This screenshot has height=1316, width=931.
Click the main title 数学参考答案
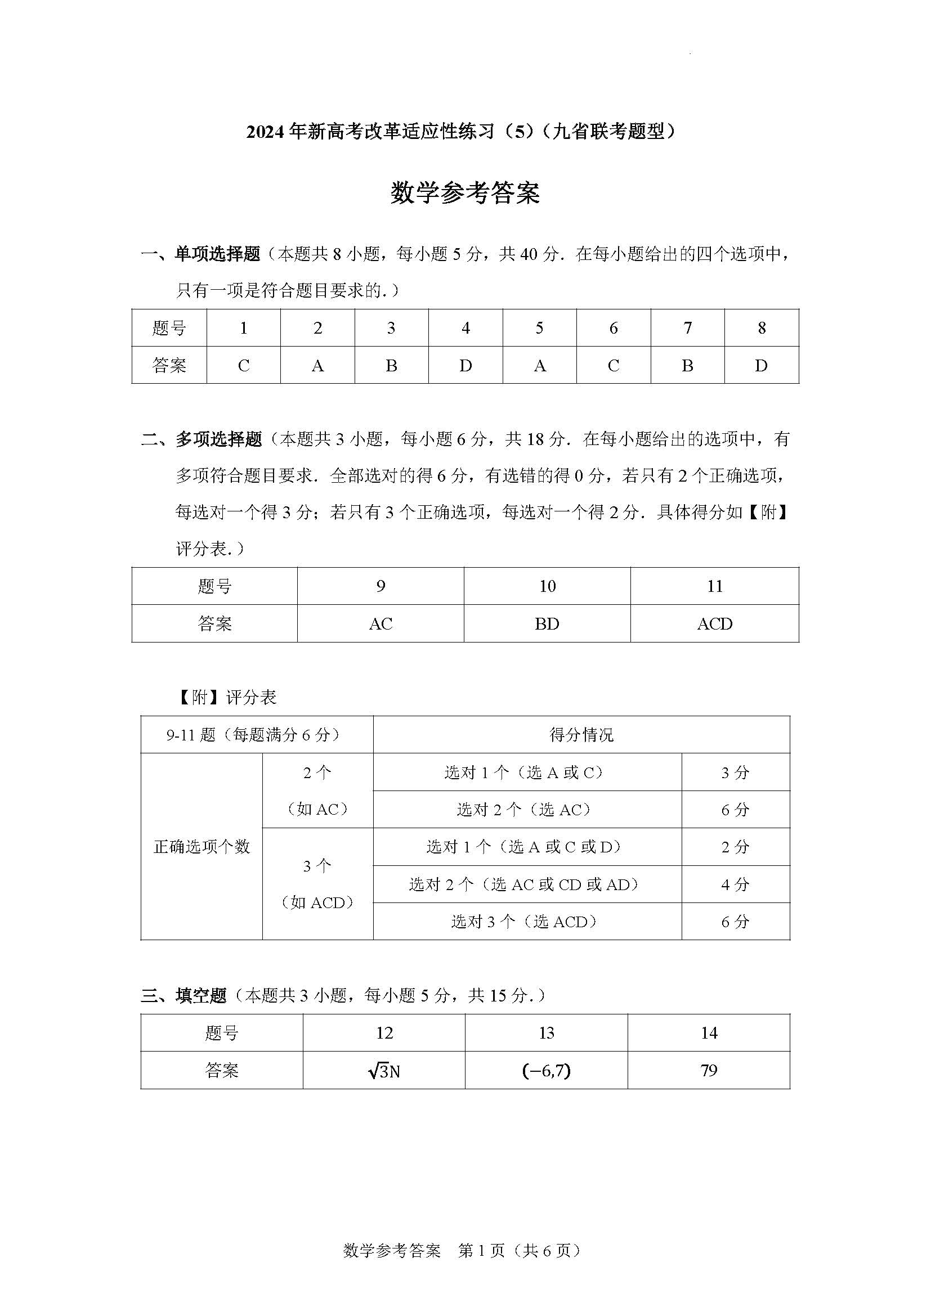click(x=465, y=193)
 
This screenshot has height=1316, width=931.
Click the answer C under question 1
click(x=244, y=366)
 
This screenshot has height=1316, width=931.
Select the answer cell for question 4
click(x=465, y=366)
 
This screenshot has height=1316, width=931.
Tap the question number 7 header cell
click(x=687, y=328)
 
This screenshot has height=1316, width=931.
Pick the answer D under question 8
click(x=762, y=366)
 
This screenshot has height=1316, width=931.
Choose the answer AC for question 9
click(x=381, y=623)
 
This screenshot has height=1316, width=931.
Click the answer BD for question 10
click(x=547, y=623)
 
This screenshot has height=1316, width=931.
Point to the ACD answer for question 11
click(x=714, y=623)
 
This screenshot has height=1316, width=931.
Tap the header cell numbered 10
click(x=547, y=586)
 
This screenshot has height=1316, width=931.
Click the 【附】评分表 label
click(x=226, y=697)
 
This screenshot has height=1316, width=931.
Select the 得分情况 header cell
click(x=581, y=734)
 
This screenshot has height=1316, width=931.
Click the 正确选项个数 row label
click(x=202, y=847)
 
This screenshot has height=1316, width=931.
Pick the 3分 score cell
click(x=736, y=772)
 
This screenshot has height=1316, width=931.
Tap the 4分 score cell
click(x=736, y=884)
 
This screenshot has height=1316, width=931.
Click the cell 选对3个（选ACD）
click(x=527, y=922)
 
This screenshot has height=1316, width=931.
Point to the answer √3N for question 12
click(x=384, y=1071)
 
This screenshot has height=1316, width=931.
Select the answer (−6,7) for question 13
click(x=547, y=1071)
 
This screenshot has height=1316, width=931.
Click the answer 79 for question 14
click(x=709, y=1071)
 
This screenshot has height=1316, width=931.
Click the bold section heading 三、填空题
click(x=185, y=996)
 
